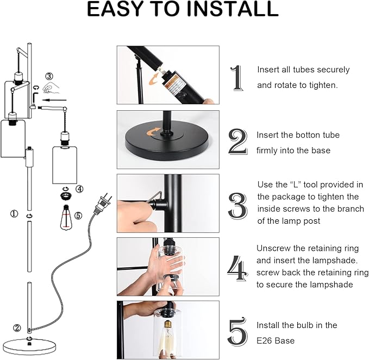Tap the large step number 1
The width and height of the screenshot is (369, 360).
tap(237, 78)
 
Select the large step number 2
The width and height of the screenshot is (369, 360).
tap(238, 142)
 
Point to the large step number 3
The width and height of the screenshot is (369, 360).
tap(238, 205)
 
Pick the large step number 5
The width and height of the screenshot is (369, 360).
tap(238, 332)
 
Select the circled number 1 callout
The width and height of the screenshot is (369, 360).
tap(14, 214)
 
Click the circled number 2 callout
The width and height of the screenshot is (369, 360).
tap(17, 328)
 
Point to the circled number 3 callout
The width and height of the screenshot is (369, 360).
tap(49, 76)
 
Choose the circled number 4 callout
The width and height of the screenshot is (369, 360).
tap(79, 190)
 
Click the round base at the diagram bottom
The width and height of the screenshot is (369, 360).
tap(29, 343)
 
